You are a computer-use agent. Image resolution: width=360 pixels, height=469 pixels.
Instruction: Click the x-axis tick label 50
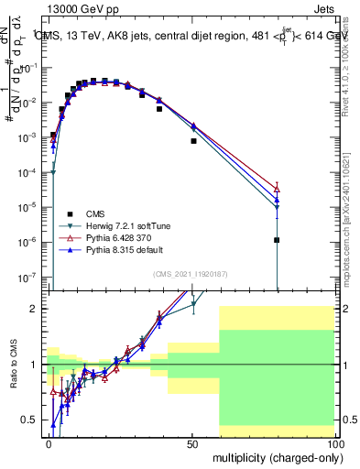coord(192,442)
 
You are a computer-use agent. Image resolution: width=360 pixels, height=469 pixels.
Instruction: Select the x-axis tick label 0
coord(49,442)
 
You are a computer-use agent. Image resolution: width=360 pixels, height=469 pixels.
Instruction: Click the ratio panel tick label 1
coord(38,365)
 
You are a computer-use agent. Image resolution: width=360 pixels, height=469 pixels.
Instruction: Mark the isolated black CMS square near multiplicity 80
coord(277,240)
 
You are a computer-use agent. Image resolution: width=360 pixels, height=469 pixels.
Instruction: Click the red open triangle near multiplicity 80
coord(277,188)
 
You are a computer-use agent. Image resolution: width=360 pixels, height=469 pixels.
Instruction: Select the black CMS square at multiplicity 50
coord(193,141)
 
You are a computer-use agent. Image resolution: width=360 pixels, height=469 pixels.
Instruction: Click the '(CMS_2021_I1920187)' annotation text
coord(191,273)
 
